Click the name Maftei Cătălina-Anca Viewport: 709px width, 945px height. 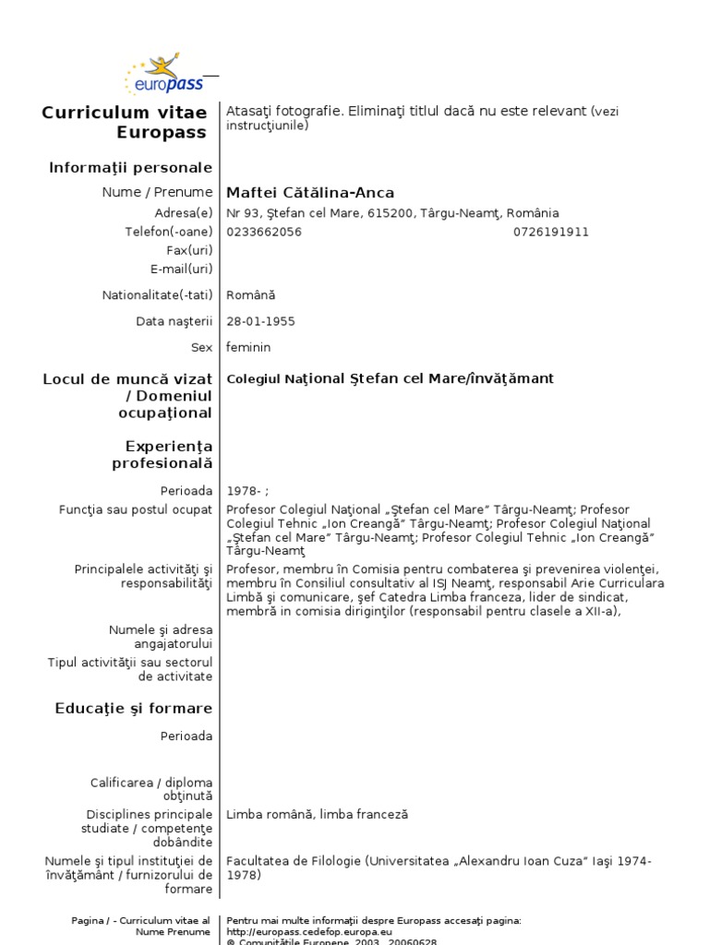310,193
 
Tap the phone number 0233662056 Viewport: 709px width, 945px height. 264,232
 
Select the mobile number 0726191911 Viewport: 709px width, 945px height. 551,232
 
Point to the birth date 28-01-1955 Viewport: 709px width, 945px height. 261,321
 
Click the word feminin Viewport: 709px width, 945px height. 248,347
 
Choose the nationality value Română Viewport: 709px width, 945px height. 251,295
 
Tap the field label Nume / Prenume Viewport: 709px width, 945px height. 158,193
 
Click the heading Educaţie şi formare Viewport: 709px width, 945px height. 134,708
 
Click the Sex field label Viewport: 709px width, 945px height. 201,347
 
